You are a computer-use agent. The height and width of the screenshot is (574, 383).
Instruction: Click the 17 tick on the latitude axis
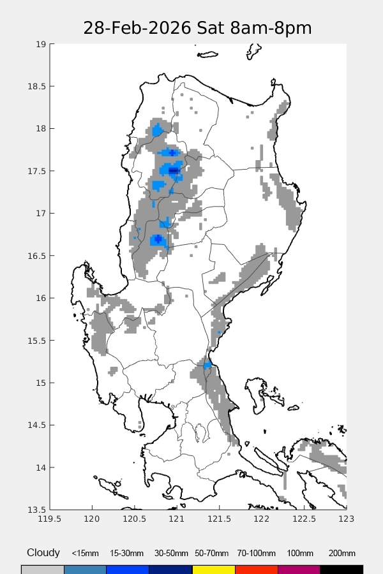(41, 213)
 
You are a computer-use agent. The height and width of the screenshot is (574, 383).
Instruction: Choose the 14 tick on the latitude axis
(41, 467)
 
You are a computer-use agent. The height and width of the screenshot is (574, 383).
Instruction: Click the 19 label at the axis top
(41, 45)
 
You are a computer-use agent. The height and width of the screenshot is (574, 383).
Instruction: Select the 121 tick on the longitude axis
(177, 520)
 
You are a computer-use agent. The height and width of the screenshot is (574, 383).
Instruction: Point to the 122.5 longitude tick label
(304, 520)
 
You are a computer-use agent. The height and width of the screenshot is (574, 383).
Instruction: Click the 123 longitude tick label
(346, 520)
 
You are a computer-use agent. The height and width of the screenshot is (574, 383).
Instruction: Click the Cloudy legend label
(43, 553)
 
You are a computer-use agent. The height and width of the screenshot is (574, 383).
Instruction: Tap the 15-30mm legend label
(127, 554)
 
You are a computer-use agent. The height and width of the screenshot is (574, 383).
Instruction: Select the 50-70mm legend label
(213, 554)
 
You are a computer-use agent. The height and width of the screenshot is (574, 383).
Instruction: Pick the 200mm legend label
(342, 554)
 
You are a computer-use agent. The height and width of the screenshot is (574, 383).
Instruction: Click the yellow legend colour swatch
(213, 569)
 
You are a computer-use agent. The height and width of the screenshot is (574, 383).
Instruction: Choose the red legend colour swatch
(256, 569)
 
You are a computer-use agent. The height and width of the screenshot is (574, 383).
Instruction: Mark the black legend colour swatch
(342, 569)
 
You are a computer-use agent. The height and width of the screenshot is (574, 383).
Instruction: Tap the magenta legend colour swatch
(299, 569)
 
